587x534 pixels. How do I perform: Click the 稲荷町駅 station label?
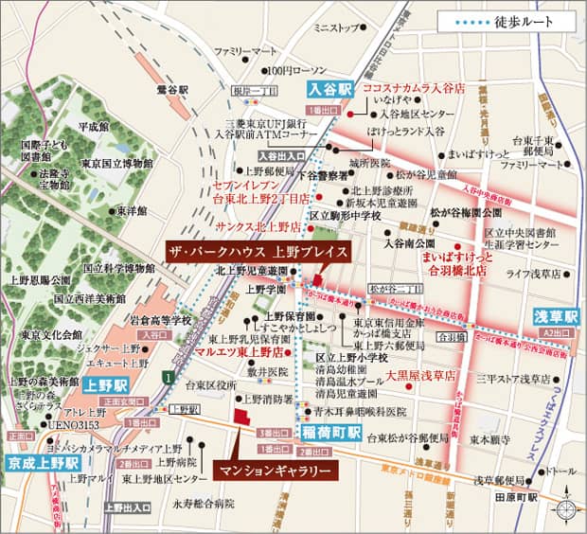coord(332,432)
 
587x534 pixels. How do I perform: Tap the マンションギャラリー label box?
coord(274,471)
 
